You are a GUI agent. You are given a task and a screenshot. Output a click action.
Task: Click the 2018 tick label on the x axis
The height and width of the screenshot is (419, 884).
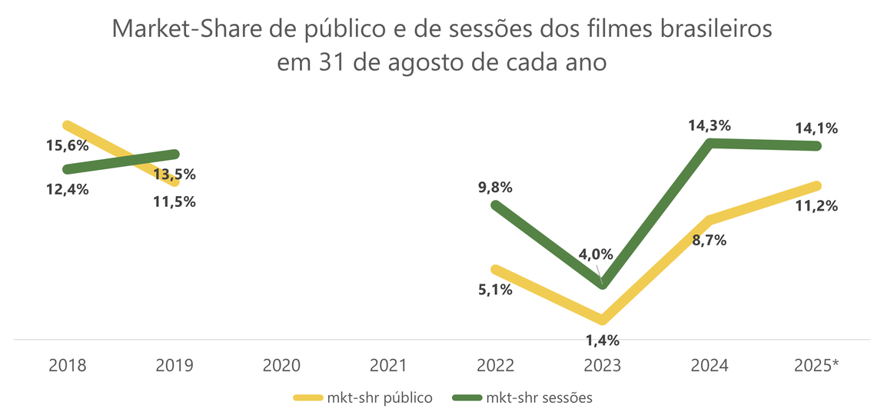coord(68,365)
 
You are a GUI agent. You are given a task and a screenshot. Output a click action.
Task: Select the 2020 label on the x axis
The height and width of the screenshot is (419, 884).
coord(282,365)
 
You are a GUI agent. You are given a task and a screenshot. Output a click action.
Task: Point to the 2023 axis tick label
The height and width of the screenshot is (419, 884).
coord(603,365)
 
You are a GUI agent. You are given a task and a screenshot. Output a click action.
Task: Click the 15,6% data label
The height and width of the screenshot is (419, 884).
coord(68,145)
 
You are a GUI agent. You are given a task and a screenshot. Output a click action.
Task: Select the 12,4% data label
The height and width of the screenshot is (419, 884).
coord(68,189)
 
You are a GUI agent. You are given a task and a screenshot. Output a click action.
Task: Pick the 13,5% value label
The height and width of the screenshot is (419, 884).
coord(174,174)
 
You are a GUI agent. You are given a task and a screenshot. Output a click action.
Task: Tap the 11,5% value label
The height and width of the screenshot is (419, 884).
coord(174,202)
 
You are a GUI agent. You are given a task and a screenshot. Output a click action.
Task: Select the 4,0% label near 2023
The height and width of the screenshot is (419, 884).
coord(596,254)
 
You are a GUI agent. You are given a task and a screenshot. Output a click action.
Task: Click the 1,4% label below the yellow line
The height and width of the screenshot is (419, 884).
coord(602,340)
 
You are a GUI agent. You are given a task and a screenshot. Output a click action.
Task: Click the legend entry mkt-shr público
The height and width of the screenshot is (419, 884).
coord(364,397)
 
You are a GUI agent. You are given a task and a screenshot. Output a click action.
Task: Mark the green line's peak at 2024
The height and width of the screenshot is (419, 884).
coord(712,143)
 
